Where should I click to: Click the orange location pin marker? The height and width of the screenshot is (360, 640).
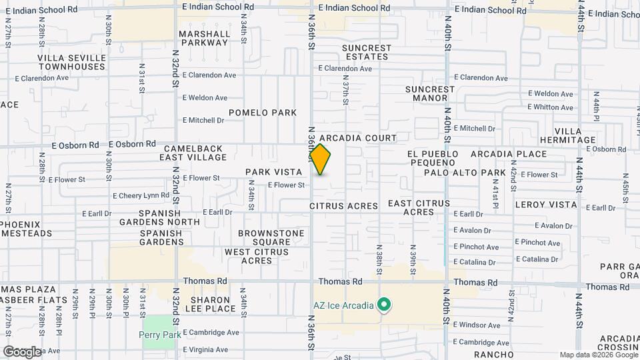coord(321,160)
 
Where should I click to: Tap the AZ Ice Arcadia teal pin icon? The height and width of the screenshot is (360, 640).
coord(383,305)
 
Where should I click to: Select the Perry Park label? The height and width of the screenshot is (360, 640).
coord(161,334)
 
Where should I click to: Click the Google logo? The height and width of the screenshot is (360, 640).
coord(22,352)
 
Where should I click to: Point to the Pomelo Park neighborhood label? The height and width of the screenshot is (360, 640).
coord(263,113)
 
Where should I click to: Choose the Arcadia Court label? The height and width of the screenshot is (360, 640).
coord(363,138)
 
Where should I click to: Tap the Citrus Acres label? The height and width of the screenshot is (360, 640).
coord(344,206)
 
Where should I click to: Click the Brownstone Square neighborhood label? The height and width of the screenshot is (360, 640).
coord(272,237)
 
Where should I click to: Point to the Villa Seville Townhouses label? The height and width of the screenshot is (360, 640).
coord(71,62)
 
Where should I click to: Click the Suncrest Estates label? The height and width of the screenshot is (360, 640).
coord(367,52)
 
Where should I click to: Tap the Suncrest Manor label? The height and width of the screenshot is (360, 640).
coord(430,93)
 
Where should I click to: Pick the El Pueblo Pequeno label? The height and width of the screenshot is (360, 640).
coord(434,158)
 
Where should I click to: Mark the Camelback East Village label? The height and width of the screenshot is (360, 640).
coord(193,153)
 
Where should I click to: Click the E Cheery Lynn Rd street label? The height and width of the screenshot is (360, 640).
coord(141,196)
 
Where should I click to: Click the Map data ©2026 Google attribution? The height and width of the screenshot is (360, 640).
coord(598,355)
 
